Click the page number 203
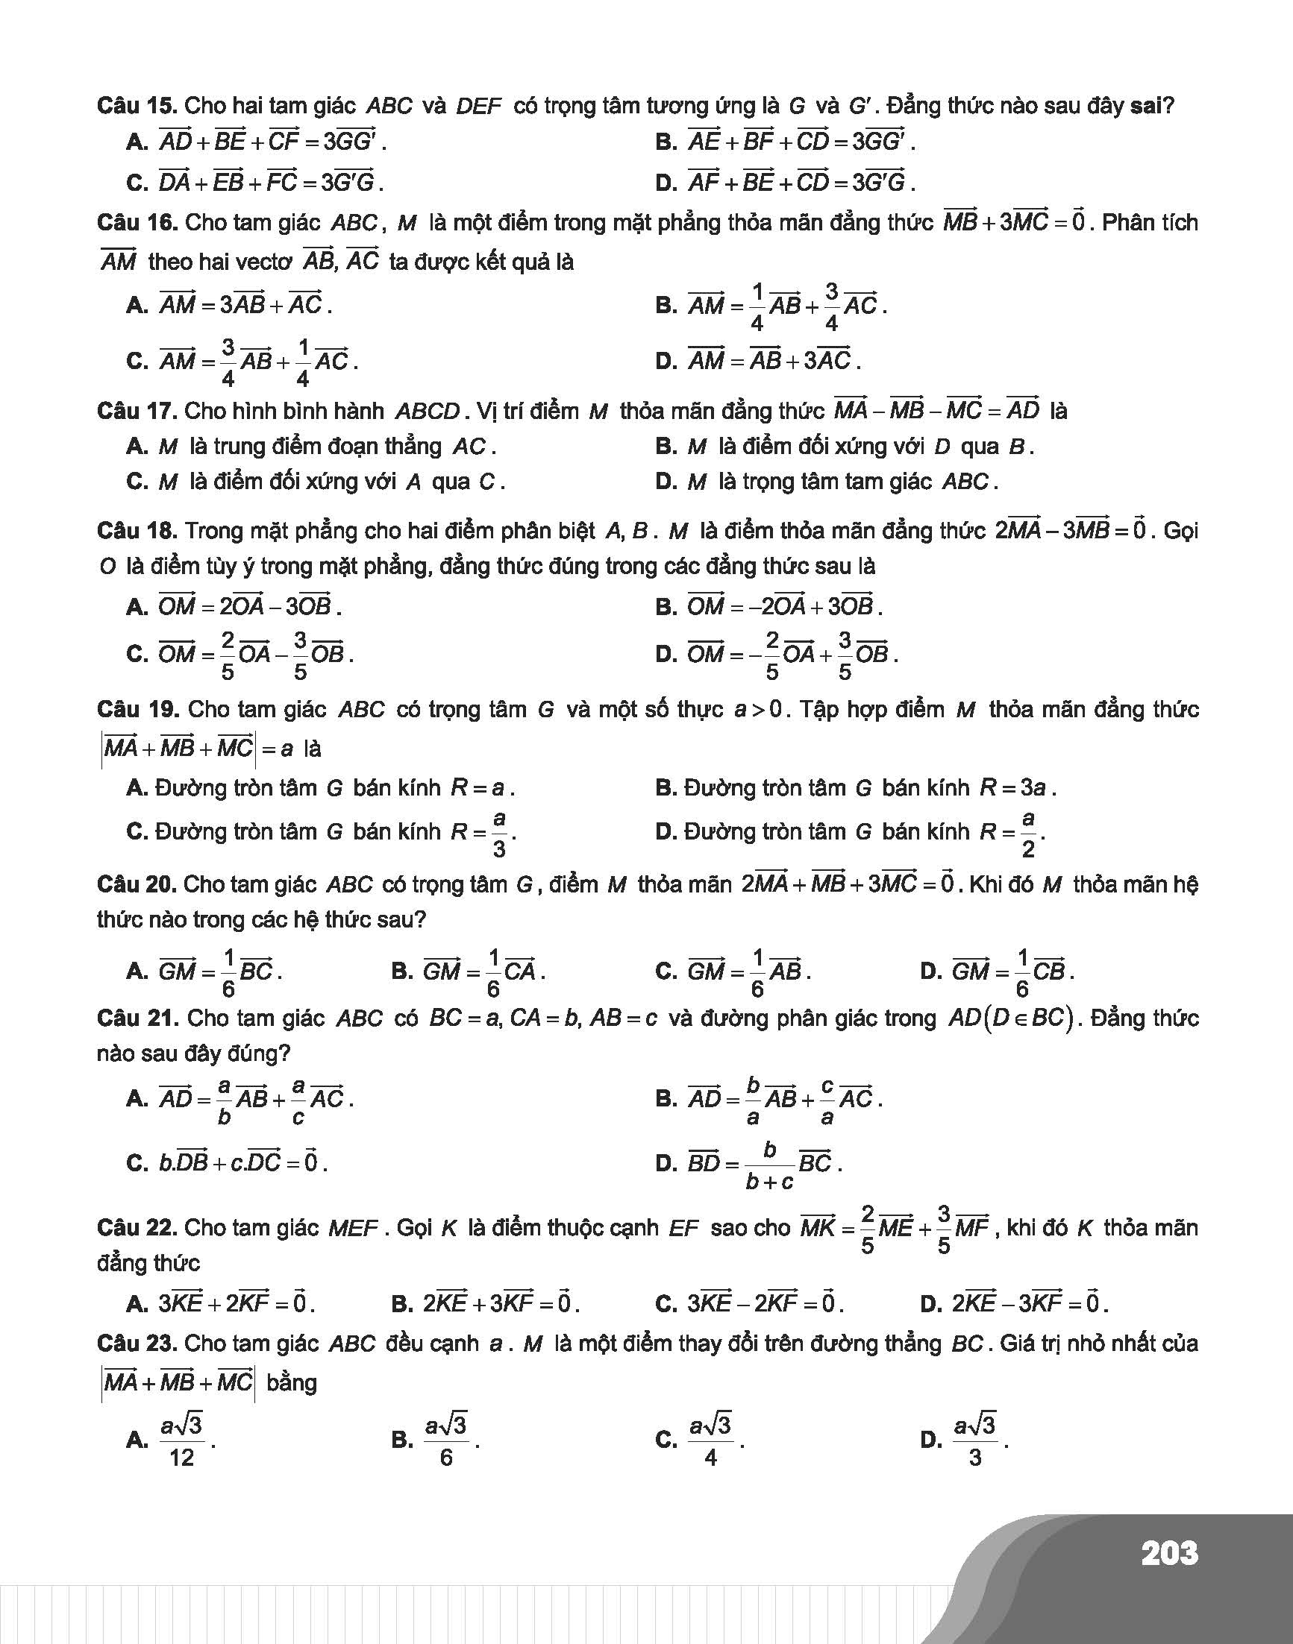[1169, 1553]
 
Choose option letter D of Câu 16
[666, 362]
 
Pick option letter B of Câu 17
[666, 447]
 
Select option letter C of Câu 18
[137, 654]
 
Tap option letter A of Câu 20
[137, 971]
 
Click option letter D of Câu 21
[666, 1163]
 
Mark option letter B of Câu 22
[401, 1303]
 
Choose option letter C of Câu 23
[666, 1440]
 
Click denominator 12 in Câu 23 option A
[182, 1457]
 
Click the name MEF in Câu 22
[353, 1228]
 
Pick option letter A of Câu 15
[137, 142]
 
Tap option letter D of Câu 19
[666, 832]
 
